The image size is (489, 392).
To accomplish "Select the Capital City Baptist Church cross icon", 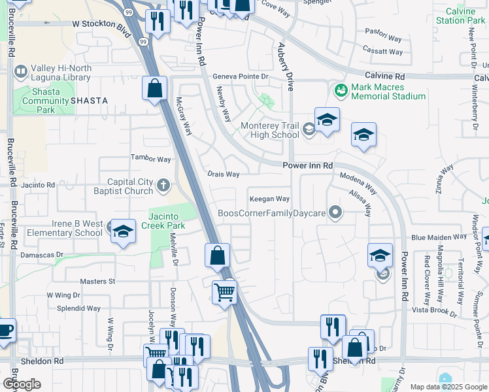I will point(163,187).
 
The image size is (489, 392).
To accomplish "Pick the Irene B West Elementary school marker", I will point(123,231).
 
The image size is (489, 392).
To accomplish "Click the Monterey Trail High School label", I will point(269,131).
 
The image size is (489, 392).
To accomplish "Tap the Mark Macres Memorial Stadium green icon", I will point(340,90).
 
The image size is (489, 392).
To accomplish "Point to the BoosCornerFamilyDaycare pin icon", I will point(335,212).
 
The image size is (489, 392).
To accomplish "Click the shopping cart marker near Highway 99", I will point(224,292).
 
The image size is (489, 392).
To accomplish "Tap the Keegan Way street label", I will point(269,199).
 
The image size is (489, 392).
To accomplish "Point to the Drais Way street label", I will point(224,174).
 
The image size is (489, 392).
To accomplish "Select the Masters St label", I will point(97,282).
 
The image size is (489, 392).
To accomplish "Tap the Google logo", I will point(22,384).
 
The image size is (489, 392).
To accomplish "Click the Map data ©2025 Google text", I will point(448,387).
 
